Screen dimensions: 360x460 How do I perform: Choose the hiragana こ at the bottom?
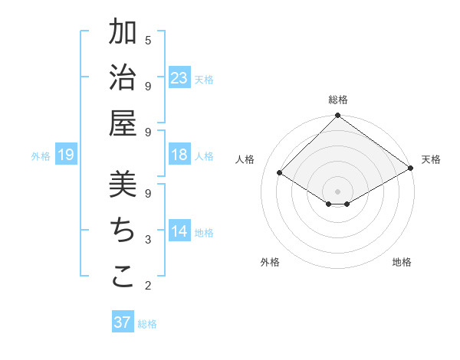pos(123,276)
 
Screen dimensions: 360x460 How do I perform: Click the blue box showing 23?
pos(179,78)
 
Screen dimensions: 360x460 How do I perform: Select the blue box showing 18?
pos(179,155)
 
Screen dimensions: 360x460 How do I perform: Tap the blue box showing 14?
pos(179,231)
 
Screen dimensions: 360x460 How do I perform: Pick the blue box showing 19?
pos(66,155)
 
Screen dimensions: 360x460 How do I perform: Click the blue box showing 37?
pos(123,322)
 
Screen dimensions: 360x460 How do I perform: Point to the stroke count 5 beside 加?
pos(148,40)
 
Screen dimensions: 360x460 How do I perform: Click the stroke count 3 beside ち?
pos(148,240)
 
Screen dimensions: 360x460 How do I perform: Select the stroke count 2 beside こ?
pos(148,286)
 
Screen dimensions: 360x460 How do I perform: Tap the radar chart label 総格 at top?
pos(338,100)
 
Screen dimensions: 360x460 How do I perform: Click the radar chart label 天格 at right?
pos(431,159)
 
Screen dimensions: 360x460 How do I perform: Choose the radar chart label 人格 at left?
pos(245,159)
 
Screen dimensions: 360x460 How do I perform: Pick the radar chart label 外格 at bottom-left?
pos(270,262)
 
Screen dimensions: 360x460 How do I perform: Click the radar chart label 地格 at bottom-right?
pos(402,262)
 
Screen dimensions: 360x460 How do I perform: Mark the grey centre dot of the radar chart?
pos(338,191)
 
